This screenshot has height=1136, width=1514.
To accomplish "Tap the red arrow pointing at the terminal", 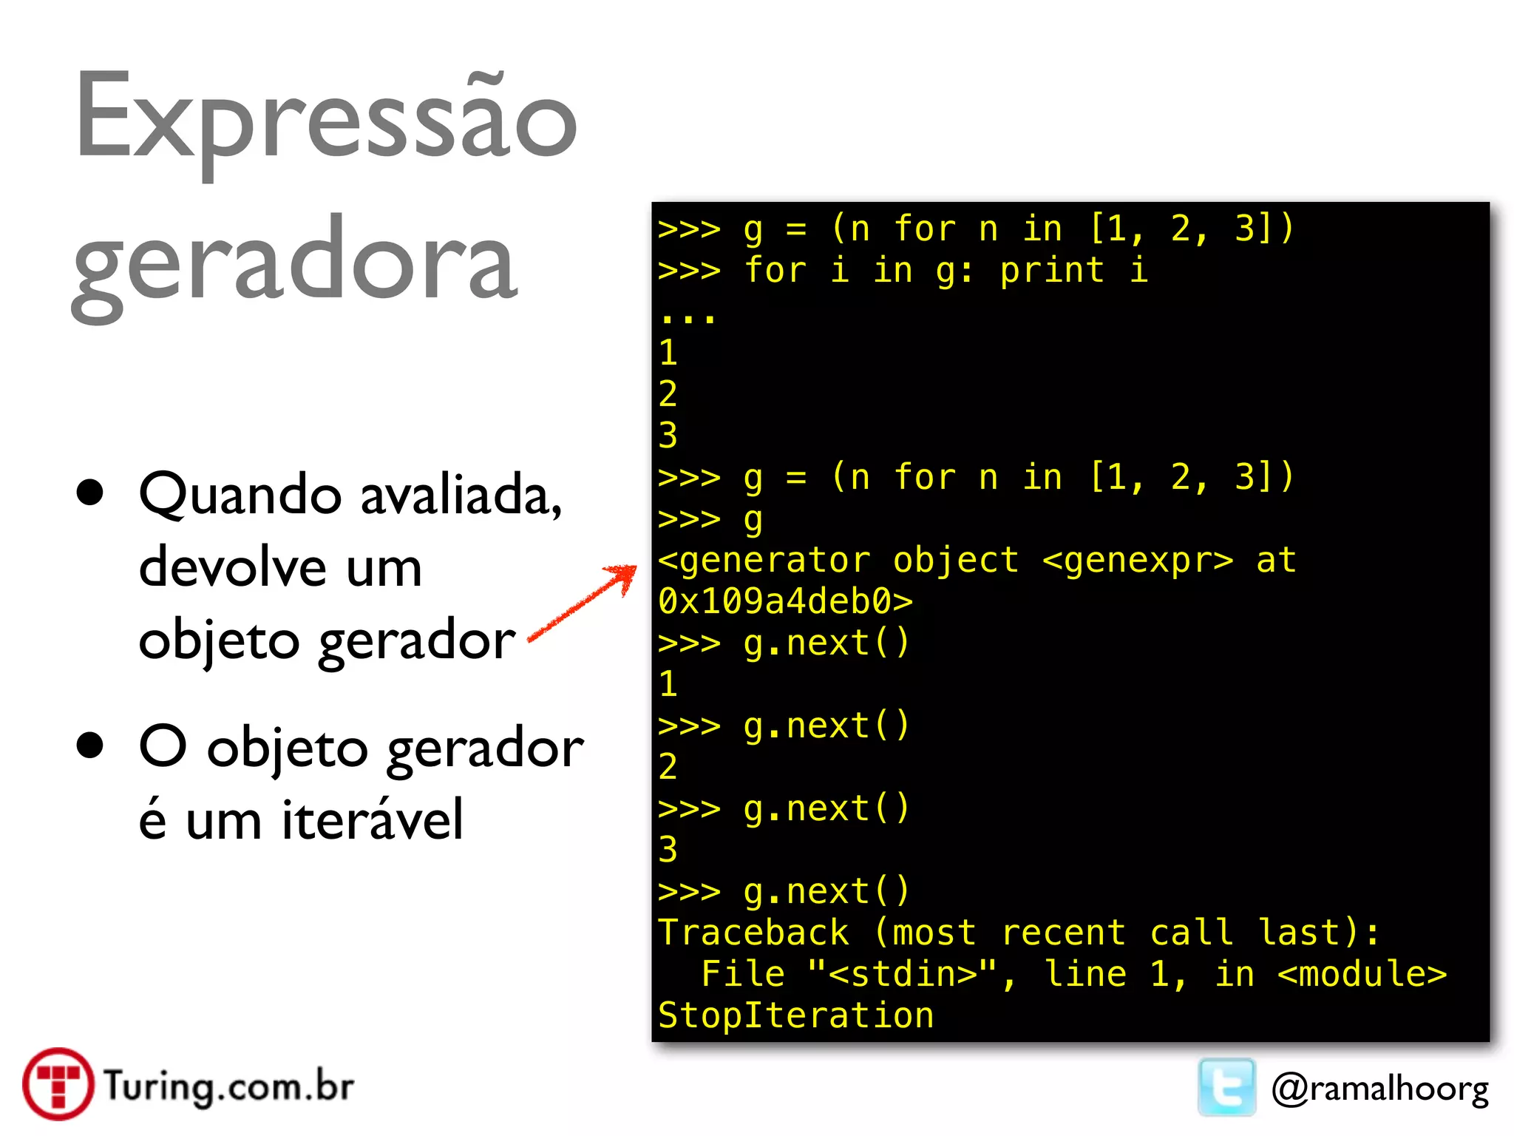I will coord(584,603).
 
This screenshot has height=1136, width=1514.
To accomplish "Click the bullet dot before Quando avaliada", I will coord(90,493).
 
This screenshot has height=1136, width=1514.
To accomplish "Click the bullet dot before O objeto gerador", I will coord(90,745).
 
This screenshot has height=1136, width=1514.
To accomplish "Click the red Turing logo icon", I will coord(58,1084).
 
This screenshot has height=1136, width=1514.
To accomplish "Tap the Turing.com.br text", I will coord(228,1086).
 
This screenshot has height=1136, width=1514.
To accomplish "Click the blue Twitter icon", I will coord(1226,1086).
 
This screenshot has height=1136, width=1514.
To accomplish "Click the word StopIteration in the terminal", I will coord(795,1015).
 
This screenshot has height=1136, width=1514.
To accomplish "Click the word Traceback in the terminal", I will coord(753,933).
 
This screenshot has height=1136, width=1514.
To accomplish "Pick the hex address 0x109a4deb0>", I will coord(785,601).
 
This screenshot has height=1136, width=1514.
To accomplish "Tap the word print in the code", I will coord(1052,270).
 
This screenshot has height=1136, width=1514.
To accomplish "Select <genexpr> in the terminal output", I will coord(1138,560).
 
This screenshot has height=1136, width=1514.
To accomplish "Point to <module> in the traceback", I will coord(1362,974).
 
